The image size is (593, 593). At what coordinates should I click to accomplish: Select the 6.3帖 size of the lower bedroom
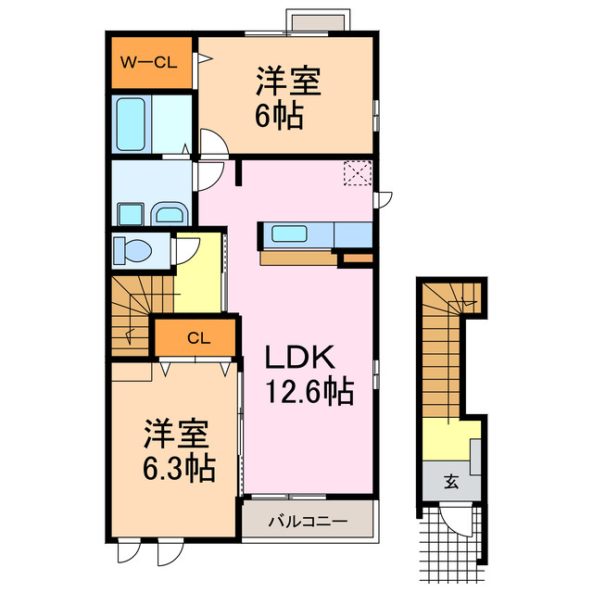click(x=180, y=468)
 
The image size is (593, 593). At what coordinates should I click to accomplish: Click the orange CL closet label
click(x=198, y=338)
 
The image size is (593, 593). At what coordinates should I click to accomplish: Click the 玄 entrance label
click(x=450, y=481)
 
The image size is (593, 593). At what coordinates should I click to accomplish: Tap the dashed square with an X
click(x=356, y=173)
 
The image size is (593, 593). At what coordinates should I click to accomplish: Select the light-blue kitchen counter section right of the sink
click(x=352, y=234)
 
